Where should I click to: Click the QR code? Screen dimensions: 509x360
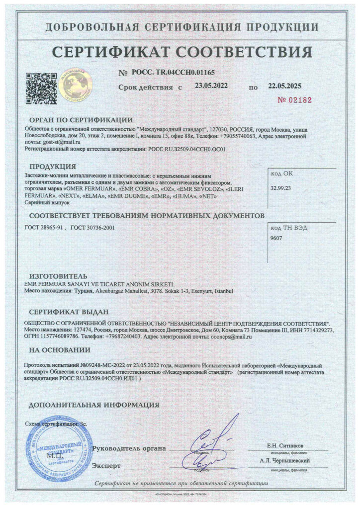[x=40, y=87]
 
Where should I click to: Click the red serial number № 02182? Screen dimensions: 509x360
[x=294, y=99]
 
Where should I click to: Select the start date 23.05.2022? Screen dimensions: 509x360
[x=211, y=85]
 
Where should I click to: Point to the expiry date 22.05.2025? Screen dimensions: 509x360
[x=285, y=85]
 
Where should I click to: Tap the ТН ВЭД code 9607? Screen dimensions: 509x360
[x=275, y=239]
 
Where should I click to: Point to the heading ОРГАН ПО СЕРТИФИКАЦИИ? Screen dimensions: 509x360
[x=81, y=120]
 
